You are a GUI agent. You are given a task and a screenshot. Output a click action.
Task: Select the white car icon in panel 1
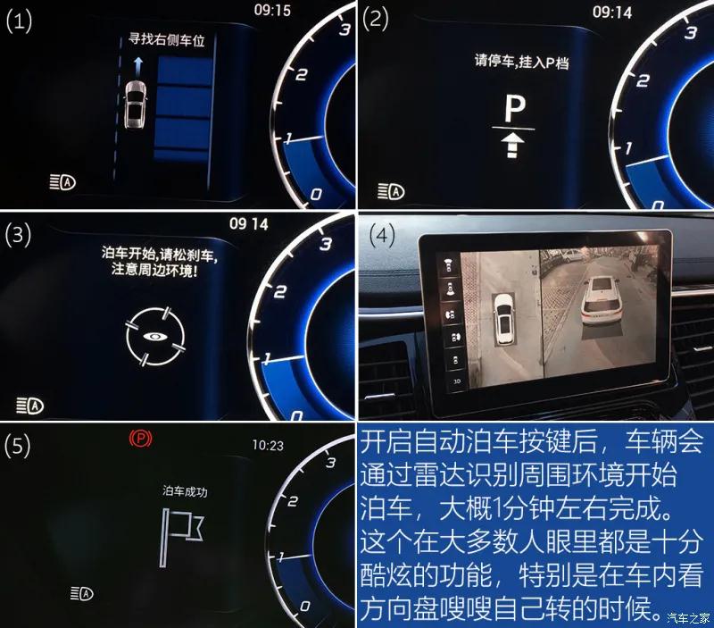point(136,105)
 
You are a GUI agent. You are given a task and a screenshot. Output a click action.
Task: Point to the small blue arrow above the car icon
point(137,63)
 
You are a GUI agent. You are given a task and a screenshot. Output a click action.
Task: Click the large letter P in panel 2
point(513,109)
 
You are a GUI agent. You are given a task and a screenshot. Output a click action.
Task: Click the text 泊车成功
point(185,491)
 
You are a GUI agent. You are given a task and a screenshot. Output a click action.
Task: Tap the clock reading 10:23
point(266,444)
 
